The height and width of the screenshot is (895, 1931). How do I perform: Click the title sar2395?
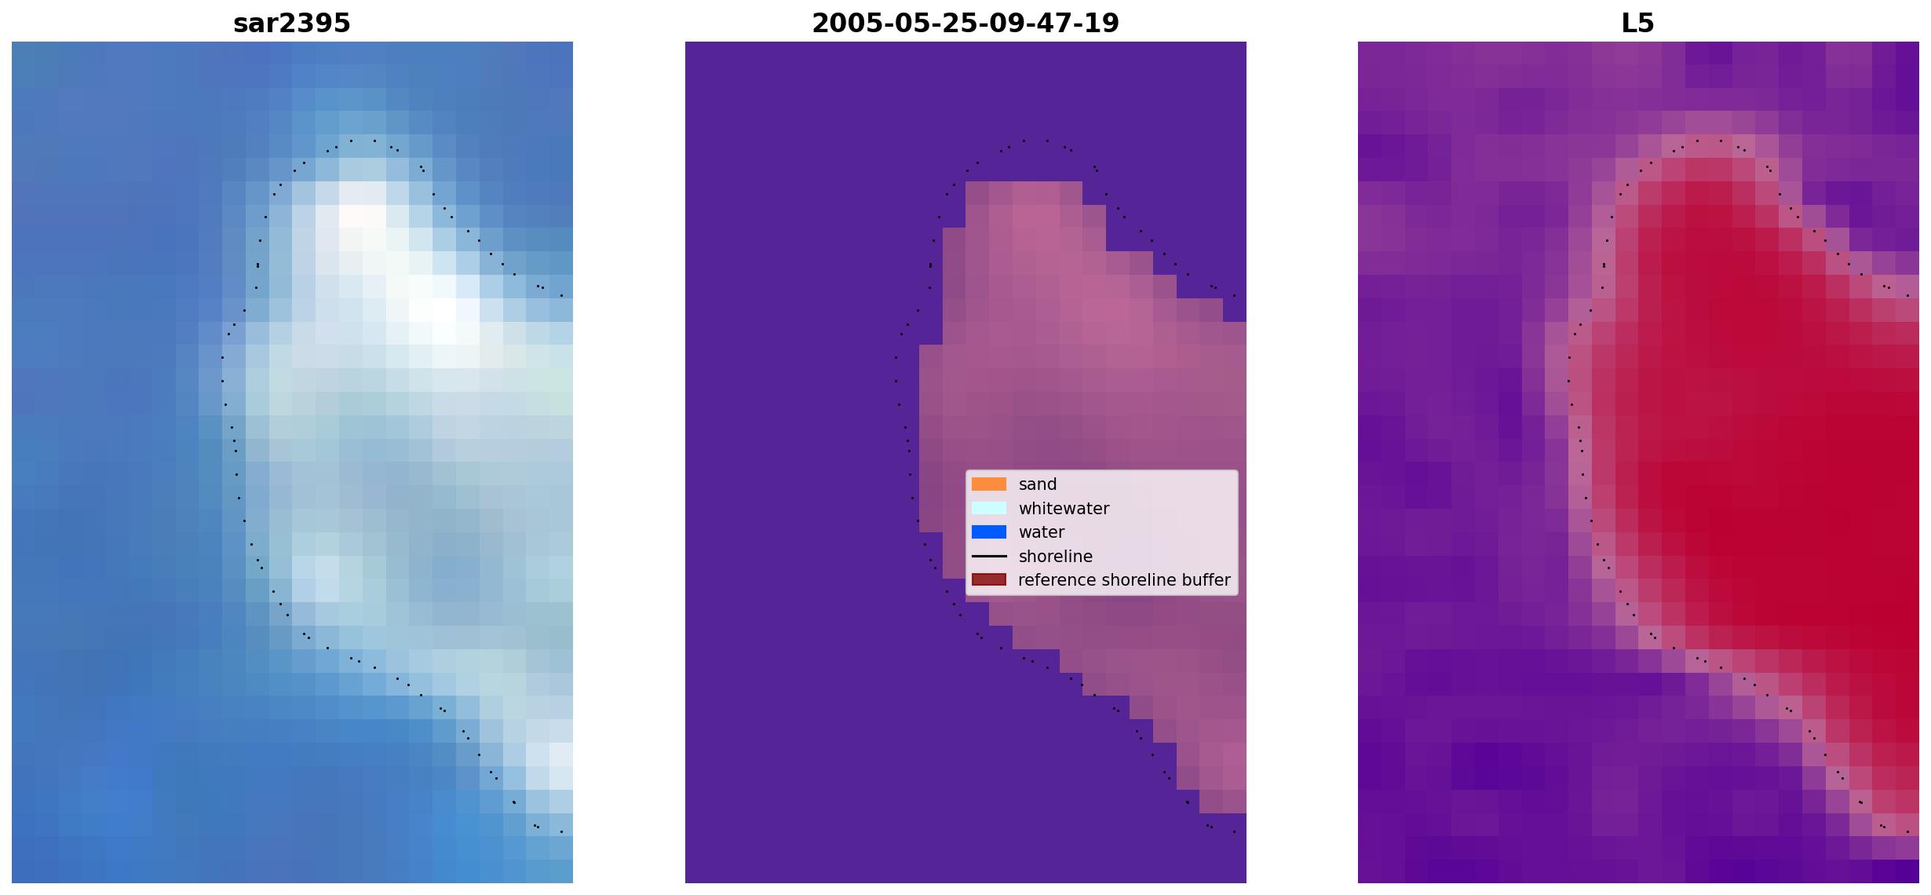click(292, 24)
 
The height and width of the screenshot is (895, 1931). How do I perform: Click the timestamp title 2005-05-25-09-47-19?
click(965, 24)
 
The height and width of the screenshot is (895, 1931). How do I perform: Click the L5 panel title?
click(1638, 24)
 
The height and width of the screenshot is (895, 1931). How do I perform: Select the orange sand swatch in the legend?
click(989, 484)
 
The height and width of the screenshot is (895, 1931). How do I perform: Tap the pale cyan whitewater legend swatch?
click(989, 508)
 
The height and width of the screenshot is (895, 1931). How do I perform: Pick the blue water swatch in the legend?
click(989, 532)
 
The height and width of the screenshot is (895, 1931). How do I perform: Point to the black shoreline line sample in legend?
click(989, 557)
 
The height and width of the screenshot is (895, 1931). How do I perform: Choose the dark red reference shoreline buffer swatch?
click(989, 580)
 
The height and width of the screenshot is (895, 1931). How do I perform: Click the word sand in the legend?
click(1038, 484)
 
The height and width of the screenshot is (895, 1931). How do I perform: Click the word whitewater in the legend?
click(1064, 509)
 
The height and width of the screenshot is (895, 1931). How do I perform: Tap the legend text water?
click(1042, 532)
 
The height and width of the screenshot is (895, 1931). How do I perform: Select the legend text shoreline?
click(1056, 557)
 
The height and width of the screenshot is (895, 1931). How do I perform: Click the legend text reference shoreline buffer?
click(1125, 580)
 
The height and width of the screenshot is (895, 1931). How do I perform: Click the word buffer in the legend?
click(1206, 580)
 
